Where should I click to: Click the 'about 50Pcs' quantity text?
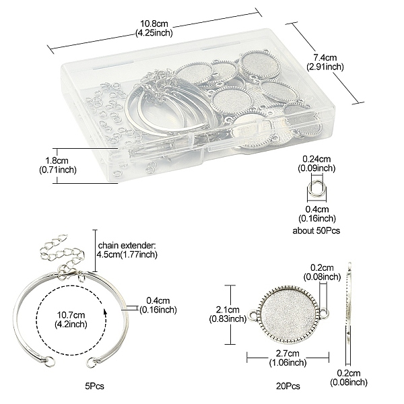click(x=316, y=230)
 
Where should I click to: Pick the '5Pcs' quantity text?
click(x=94, y=386)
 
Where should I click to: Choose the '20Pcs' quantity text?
click(x=288, y=386)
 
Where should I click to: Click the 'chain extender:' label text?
click(x=127, y=245)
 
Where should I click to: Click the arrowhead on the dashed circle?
click(x=105, y=312)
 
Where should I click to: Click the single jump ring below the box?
click(x=316, y=188)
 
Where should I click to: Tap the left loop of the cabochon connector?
click(x=252, y=315)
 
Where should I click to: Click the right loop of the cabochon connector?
click(x=324, y=313)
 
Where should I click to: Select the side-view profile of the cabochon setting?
click(x=348, y=314)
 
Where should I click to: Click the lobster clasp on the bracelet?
click(x=67, y=271)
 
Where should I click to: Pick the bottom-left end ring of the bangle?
click(x=50, y=361)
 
